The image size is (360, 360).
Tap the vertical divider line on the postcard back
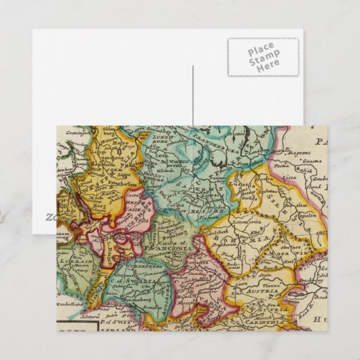point(192,94)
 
